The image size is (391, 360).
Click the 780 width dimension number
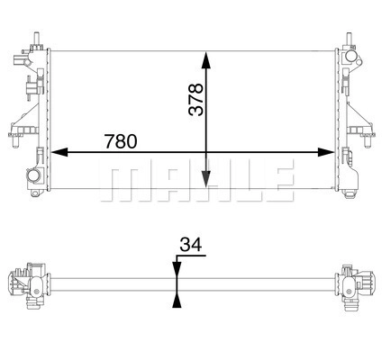click(x=121, y=141)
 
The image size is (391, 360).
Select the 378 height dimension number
click(x=195, y=99)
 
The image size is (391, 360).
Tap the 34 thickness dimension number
click(x=191, y=245)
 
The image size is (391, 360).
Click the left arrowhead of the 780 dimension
click(x=59, y=152)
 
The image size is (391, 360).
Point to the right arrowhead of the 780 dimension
click(x=326, y=152)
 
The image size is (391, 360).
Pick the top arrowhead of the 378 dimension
click(x=206, y=61)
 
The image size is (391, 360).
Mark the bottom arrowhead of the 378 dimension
click(x=206, y=179)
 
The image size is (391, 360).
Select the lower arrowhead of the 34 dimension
click(x=177, y=301)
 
